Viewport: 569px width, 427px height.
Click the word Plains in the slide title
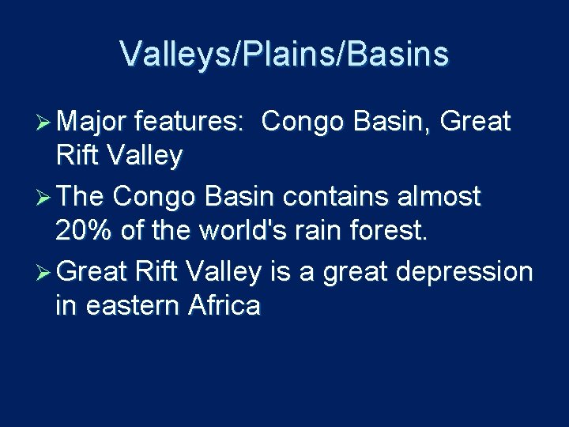click(x=284, y=55)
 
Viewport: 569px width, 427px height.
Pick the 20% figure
click(x=85, y=232)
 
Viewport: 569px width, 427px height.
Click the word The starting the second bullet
click(x=81, y=197)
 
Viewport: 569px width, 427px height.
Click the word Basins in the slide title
click(x=398, y=55)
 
